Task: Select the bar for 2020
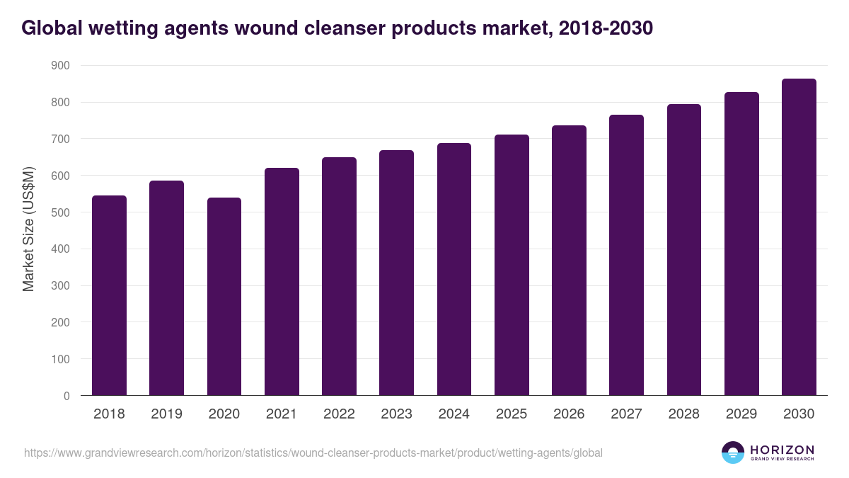tap(224, 297)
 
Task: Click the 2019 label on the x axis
tap(166, 414)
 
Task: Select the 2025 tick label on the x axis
tap(511, 414)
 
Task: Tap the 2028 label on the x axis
tap(683, 414)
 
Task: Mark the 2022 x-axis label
tap(339, 414)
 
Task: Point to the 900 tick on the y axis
tap(60, 66)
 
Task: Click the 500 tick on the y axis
tap(60, 212)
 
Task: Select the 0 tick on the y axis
tap(67, 396)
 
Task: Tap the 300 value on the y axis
tap(60, 286)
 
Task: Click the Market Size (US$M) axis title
tap(28, 230)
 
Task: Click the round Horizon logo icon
tap(732, 453)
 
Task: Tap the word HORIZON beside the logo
tap(782, 449)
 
